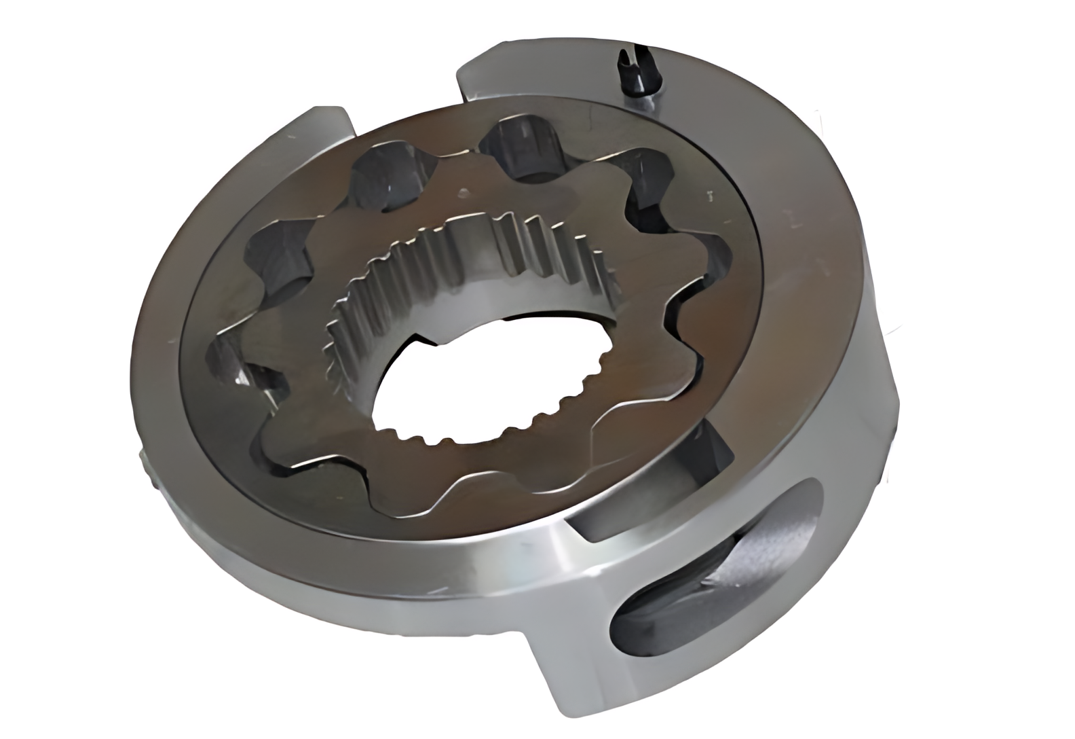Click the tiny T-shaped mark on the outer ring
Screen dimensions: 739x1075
pos(710,198)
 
